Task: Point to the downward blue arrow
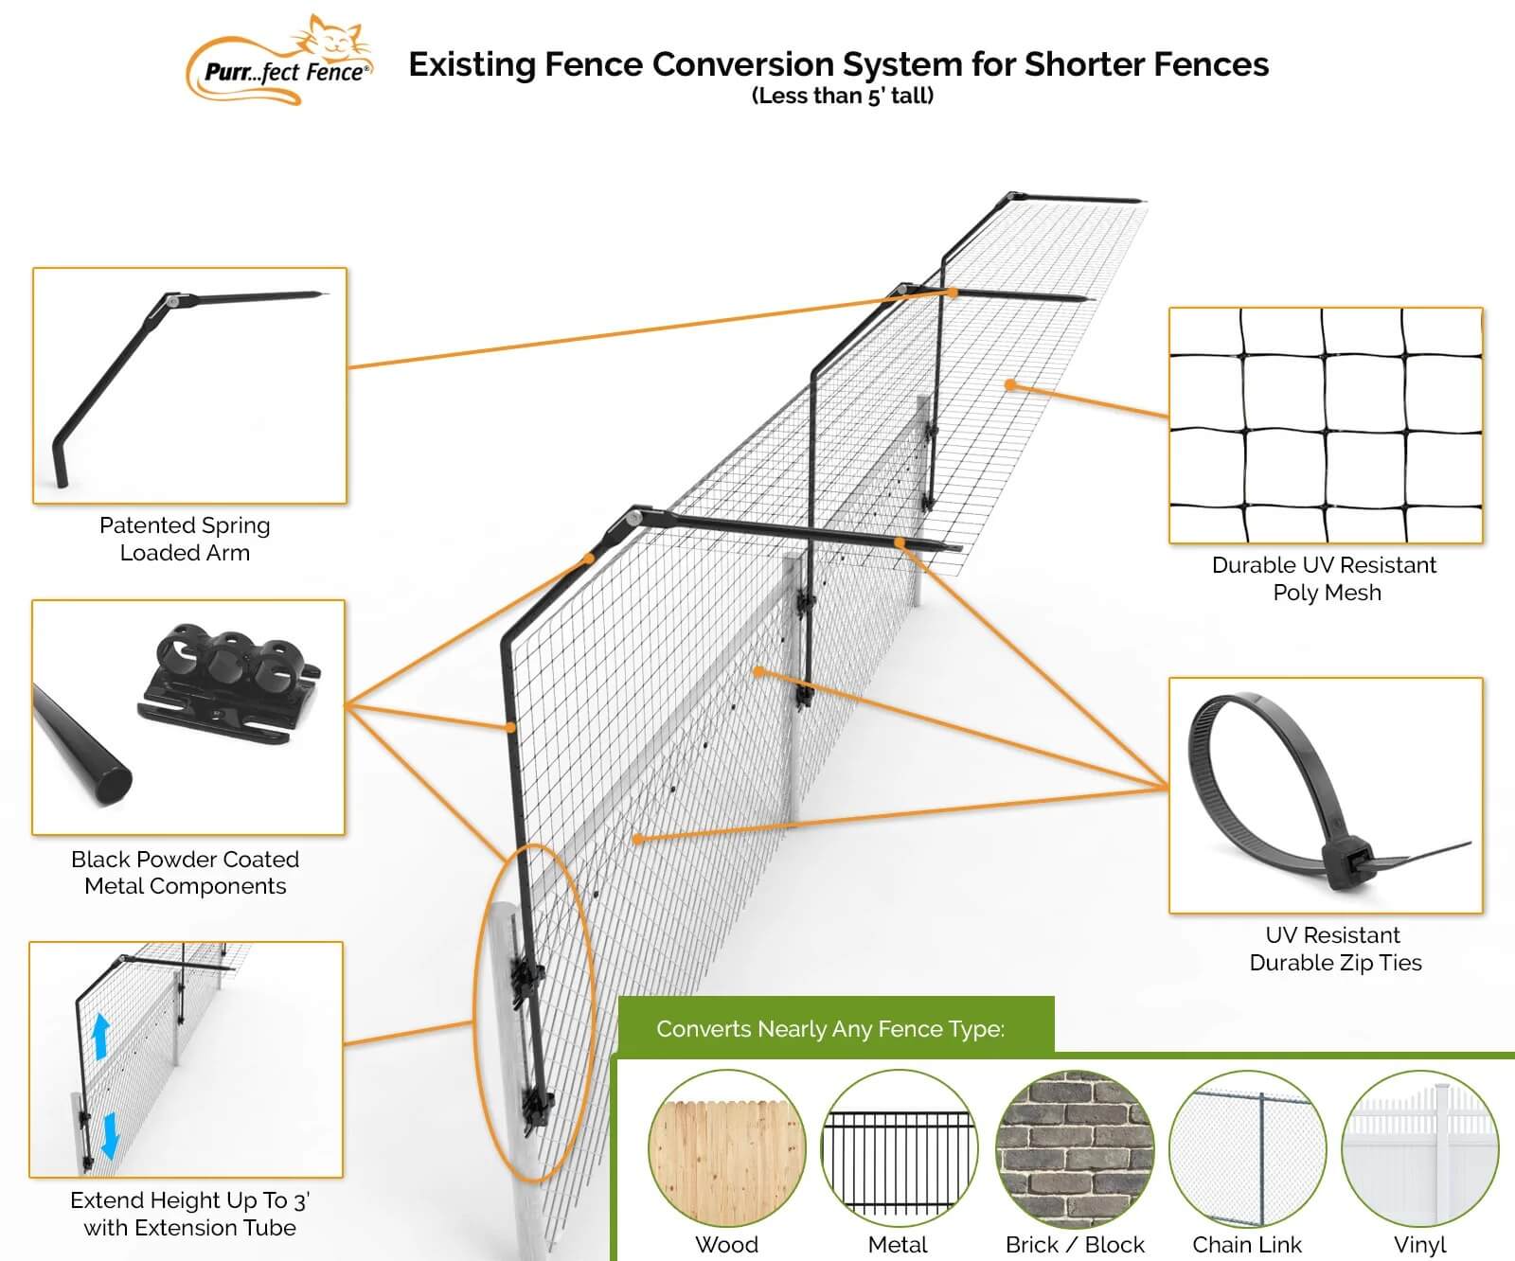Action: pos(110,1134)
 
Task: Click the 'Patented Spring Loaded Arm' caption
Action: pos(185,539)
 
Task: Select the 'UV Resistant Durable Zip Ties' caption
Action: pos(1335,949)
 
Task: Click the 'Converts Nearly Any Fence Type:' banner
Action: pos(830,1029)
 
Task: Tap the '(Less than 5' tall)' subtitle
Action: pos(842,96)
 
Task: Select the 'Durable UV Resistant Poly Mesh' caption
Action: pos(1325,578)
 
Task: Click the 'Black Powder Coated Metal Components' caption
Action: pos(185,873)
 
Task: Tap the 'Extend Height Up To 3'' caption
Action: pos(189,1200)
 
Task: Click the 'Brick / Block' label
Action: pos(1075,1244)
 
